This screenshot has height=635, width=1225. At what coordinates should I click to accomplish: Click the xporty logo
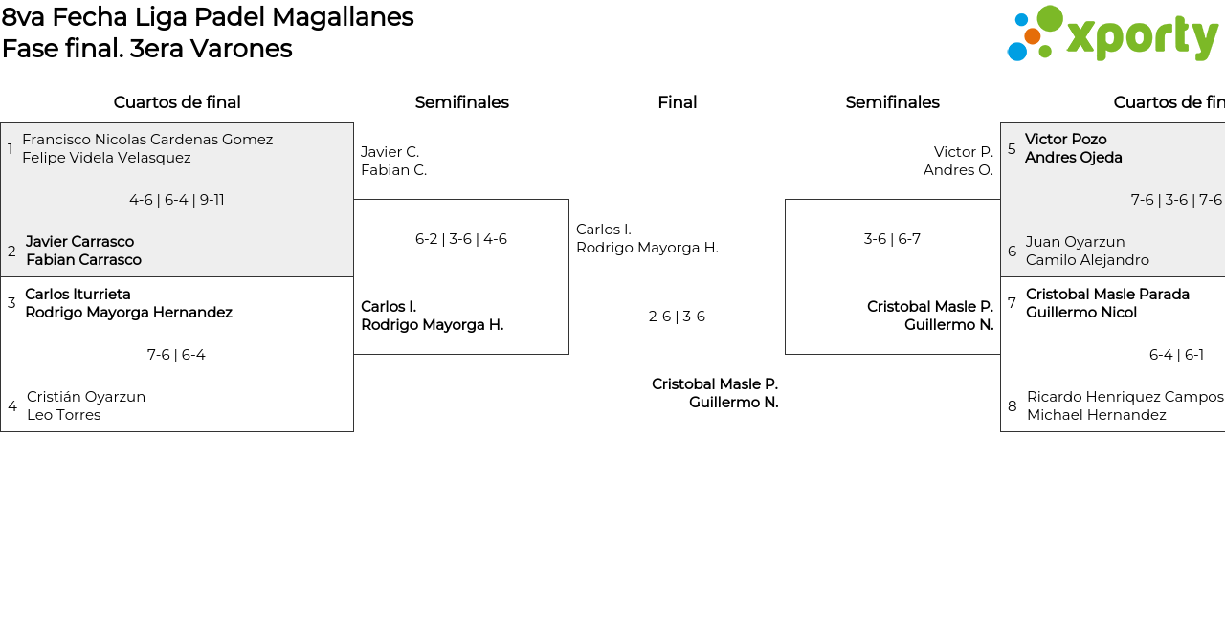(1112, 34)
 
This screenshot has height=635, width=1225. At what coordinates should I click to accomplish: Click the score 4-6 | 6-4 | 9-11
(177, 200)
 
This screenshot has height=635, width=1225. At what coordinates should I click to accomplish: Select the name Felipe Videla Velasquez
(106, 158)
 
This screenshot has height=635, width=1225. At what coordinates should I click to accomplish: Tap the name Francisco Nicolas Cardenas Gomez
(147, 140)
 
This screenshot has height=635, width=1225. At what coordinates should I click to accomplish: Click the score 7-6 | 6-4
(176, 355)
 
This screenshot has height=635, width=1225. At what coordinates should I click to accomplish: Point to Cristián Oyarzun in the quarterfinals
(86, 397)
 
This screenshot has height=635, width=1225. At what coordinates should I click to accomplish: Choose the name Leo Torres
(63, 415)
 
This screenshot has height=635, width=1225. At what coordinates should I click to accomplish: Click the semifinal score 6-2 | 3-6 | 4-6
(461, 239)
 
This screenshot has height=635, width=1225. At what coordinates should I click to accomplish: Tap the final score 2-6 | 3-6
(677, 317)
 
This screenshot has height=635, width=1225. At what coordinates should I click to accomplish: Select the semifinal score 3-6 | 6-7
(892, 239)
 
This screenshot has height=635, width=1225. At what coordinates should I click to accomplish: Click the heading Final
(677, 102)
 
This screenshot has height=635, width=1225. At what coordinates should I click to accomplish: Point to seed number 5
(1012, 149)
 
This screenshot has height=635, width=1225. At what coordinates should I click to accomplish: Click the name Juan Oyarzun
(1075, 242)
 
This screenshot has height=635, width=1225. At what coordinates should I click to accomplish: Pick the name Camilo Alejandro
(1087, 260)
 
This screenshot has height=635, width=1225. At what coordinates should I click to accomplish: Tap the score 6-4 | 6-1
(1176, 355)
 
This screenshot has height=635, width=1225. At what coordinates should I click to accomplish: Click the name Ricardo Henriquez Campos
(1125, 397)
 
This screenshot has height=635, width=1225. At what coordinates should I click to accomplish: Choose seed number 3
(11, 303)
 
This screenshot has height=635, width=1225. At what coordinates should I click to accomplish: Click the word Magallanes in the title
(343, 17)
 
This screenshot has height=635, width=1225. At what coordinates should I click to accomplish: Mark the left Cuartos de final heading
(177, 102)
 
